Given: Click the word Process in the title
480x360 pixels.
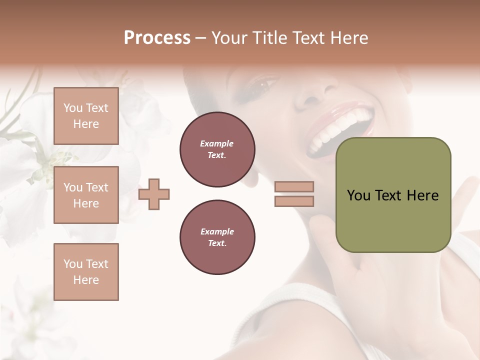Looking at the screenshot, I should coord(157,38).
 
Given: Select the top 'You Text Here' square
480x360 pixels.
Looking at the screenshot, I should coord(86,116).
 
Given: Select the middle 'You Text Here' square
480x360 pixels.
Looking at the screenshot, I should coord(86,195).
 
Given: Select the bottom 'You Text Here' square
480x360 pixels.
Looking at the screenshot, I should coord(86,272).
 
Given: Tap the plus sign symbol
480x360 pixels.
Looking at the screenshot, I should coord(154,194).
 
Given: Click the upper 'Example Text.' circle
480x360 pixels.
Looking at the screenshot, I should coord(217,149).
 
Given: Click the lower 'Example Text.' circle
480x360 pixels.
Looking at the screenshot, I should coord(217,237).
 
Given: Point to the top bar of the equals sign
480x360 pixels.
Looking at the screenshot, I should coord(294,187).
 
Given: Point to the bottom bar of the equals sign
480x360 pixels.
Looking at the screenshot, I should coord(294,201).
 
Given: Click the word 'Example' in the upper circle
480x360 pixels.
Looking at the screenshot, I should coord(217,143).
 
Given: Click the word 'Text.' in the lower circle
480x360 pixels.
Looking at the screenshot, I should coord(217,243).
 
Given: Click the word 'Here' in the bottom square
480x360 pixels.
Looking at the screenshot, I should coord(86,280).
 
